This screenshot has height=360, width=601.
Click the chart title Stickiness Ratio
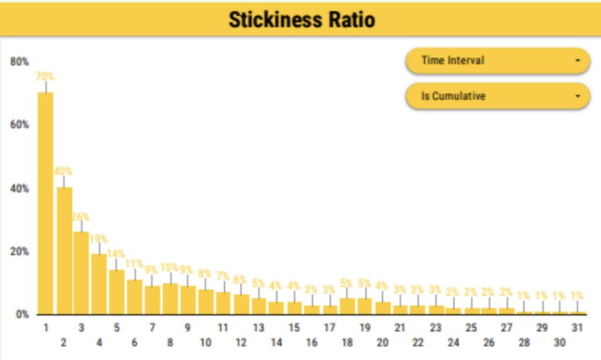click(301, 20)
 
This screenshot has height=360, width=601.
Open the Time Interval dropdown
click(497, 60)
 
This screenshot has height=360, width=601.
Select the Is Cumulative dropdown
click(497, 96)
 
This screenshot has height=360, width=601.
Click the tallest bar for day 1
click(45, 203)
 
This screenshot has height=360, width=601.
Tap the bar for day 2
click(64, 250)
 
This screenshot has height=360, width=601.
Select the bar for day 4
click(99, 284)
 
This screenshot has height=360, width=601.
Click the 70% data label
click(45, 76)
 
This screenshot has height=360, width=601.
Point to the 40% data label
click(63, 171)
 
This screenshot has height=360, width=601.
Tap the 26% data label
click(81, 216)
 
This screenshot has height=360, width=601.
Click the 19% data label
click(99, 238)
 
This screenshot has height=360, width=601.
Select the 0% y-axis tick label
click(22, 314)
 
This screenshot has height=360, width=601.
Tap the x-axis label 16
click(312, 342)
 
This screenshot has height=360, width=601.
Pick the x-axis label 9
click(188, 327)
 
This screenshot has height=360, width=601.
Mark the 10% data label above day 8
click(170, 268)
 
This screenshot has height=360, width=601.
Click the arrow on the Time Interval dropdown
click(578, 60)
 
